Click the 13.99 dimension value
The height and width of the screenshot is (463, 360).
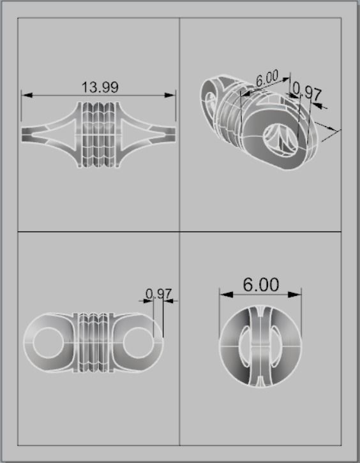[x=100, y=87]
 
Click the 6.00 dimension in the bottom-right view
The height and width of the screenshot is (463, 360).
[x=260, y=284]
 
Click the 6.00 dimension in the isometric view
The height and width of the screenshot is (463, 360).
[x=267, y=80]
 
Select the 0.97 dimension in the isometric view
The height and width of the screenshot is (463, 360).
[x=310, y=92]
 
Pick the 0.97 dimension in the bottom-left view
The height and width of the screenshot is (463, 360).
[x=158, y=294]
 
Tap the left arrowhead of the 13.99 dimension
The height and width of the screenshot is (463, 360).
[x=26, y=96]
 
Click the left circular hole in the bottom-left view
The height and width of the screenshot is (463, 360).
[x=49, y=342]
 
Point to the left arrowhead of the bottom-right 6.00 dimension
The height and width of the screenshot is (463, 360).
[x=223, y=294]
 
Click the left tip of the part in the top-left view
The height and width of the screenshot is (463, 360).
[x=24, y=134]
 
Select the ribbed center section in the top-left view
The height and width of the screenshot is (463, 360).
[x=98, y=134]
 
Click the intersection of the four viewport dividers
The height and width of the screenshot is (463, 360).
[x=179, y=231]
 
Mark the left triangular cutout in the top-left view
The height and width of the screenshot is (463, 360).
[x=59, y=134]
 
